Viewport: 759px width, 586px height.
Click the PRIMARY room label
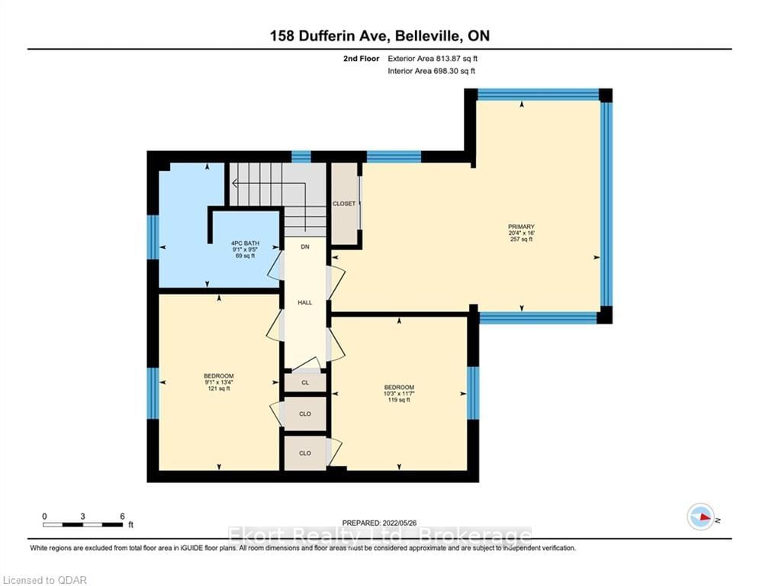point(521,227)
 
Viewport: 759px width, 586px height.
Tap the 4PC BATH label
point(245,243)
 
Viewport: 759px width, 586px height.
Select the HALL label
point(305,303)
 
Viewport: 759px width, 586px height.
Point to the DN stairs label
point(305,247)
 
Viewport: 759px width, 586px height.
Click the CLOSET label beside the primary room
point(344,204)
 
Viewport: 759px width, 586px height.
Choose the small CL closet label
point(305,382)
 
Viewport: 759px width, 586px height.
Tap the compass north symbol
point(701,517)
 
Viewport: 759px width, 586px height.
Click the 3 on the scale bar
point(83,517)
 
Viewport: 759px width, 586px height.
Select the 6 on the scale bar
point(123,517)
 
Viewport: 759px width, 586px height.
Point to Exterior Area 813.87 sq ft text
point(433,59)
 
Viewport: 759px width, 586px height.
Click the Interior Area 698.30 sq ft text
point(431,71)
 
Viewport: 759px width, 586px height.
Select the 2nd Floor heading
point(361,59)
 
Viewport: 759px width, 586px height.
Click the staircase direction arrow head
point(235,184)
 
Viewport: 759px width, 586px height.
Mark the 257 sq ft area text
point(521,240)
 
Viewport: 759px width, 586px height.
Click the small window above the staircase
point(301,156)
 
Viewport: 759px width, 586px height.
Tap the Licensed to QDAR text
point(45,580)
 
